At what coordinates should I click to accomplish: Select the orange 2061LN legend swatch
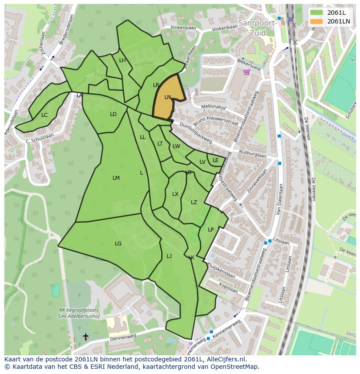317,21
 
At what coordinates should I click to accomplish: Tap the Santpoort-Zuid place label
257,27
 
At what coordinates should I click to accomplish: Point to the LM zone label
116,178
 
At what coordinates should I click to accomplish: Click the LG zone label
118,244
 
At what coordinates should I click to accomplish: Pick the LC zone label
44,115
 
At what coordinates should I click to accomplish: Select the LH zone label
122,60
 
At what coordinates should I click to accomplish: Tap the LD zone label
113,114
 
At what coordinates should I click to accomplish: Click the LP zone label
210,230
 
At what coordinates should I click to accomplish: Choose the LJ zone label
169,256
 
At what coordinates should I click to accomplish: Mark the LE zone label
216,160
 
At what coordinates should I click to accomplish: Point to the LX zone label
175,194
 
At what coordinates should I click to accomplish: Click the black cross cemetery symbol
86,337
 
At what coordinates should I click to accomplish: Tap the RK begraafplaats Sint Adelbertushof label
79,313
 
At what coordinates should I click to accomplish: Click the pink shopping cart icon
247,72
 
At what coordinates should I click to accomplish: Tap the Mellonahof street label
214,106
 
